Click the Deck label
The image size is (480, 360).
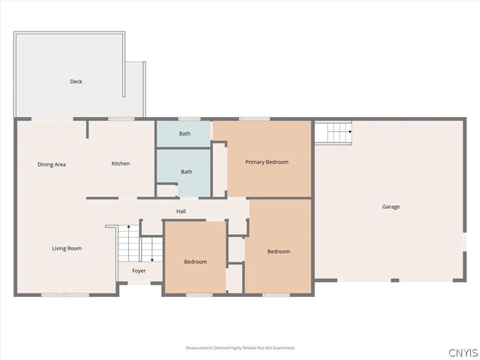coord(76,81)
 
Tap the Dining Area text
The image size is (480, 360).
coord(52,163)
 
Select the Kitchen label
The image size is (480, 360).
coord(121,163)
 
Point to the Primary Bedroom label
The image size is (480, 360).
coord(267,162)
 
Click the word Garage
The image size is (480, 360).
coord(391,206)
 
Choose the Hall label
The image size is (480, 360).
coord(181,211)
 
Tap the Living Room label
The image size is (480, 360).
coord(67,248)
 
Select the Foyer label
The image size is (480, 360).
coord(139,271)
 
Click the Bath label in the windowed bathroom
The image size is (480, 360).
coord(184,133)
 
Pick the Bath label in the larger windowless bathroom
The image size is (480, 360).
coord(186,172)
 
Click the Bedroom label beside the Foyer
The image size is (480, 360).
coord(196,261)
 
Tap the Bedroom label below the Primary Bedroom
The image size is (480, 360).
coord(278,251)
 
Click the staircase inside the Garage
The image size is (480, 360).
coord(332,133)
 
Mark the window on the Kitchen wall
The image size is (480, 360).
coord(121,118)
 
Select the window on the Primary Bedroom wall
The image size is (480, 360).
coord(254,118)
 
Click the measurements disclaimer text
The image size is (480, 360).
coord(240,348)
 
